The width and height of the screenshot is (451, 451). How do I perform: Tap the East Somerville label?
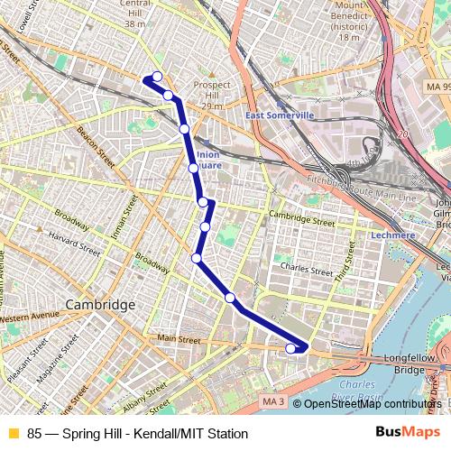tap(280, 115)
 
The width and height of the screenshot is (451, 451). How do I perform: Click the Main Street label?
tap(179, 339)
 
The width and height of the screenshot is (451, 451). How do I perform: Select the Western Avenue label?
tap(27, 318)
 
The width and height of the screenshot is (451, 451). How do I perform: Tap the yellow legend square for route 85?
tap(13, 433)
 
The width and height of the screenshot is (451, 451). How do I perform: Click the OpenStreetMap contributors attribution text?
tap(371, 404)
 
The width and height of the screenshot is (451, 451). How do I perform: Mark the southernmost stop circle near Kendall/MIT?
tap(290, 348)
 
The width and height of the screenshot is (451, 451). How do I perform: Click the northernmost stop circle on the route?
tap(157, 77)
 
